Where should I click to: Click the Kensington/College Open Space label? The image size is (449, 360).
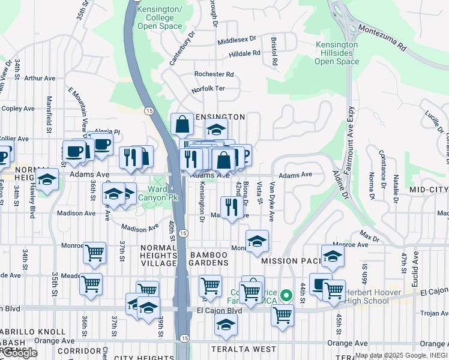(159, 18)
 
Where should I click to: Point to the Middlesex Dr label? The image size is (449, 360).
(237, 40)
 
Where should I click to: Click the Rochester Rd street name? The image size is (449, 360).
(214, 74)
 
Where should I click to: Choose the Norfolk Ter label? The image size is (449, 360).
(208, 89)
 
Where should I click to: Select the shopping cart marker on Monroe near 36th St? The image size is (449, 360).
(94, 253)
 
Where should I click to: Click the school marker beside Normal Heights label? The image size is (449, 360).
(47, 179)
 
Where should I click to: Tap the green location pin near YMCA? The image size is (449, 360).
(287, 295)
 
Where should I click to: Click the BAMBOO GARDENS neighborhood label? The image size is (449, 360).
(209, 259)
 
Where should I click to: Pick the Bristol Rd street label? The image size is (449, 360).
(274, 53)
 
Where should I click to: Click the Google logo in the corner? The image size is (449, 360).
(19, 353)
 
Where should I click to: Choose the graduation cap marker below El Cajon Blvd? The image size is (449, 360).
(226, 325)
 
